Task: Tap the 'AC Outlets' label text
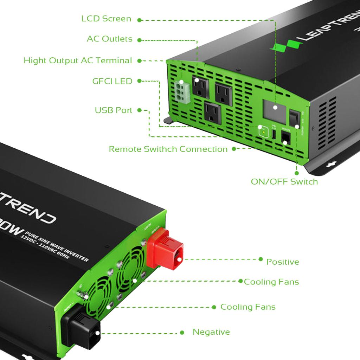click(109, 39)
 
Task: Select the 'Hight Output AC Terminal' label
click(78, 60)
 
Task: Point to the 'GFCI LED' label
click(112, 81)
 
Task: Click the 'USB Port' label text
click(114, 110)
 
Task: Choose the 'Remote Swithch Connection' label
click(168, 149)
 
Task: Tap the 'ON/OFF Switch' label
click(284, 182)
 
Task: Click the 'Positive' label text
click(282, 262)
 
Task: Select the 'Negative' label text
click(211, 332)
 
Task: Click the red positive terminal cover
click(165, 249)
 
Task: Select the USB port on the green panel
click(274, 134)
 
